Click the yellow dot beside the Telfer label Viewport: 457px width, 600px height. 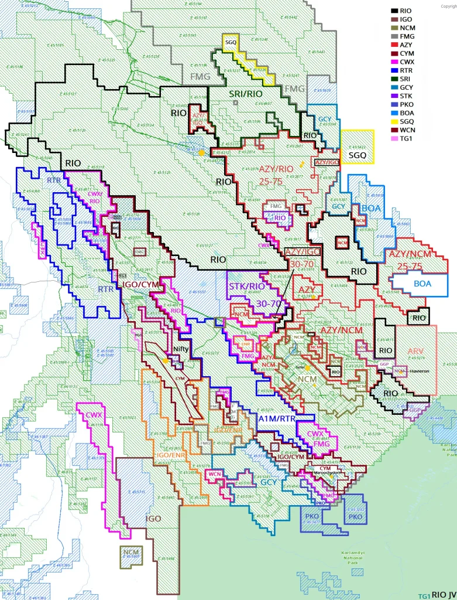(306, 367)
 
